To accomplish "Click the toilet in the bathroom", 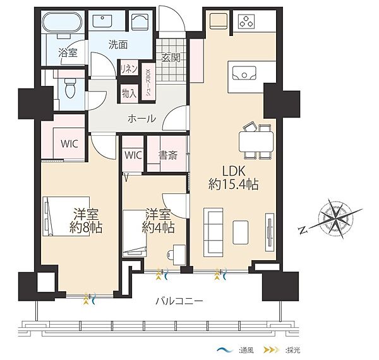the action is [x=71, y=88].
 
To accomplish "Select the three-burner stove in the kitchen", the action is [x=246, y=21].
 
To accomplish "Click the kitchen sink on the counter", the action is [x=244, y=73].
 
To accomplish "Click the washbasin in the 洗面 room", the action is [x=102, y=21].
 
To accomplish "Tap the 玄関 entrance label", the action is [x=171, y=57].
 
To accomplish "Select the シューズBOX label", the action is [x=148, y=82].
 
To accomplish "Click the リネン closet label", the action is [x=129, y=69].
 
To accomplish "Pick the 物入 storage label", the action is [x=129, y=93].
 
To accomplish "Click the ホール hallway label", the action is [x=141, y=119].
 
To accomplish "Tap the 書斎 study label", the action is [x=168, y=155].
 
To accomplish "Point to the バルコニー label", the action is [x=179, y=301].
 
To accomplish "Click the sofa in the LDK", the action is [x=214, y=232].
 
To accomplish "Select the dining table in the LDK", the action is [x=256, y=142].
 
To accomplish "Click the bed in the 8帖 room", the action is [x=66, y=216].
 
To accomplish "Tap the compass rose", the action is [x=336, y=217].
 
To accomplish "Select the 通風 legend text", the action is [x=246, y=350].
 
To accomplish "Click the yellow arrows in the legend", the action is [x=272, y=350].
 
